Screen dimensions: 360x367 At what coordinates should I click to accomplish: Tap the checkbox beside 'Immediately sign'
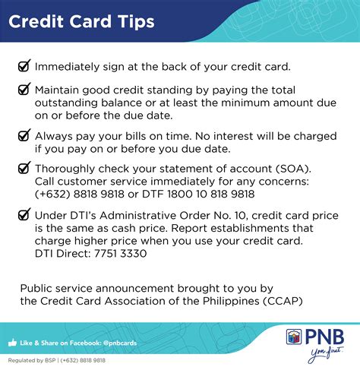coord(24,65)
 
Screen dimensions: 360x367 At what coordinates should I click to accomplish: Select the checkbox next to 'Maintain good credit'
coord(24,89)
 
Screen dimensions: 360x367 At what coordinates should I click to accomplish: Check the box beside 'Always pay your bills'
coord(24,134)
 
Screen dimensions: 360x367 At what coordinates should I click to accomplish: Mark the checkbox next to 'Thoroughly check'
coord(24,168)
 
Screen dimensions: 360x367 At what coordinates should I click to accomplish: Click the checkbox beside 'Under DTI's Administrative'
coord(24,214)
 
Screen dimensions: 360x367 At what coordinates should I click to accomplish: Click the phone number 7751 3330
coord(121,254)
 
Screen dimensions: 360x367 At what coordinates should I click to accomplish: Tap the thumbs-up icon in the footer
coord(12,343)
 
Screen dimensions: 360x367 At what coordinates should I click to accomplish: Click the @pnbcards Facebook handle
coord(120,343)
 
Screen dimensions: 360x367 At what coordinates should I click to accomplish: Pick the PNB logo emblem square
coord(294,337)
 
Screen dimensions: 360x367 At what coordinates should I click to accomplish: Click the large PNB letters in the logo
coord(324,337)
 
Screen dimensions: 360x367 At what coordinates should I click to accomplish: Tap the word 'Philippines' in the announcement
coord(231,302)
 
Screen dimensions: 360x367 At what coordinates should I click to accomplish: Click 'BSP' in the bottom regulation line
coord(50,360)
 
